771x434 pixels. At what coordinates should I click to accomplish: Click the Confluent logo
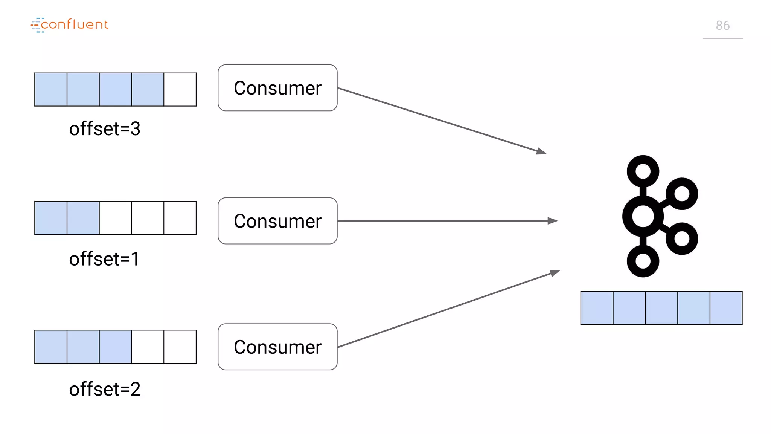(x=70, y=25)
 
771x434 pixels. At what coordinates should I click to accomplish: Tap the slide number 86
(x=722, y=26)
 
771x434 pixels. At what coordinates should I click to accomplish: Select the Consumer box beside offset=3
(x=277, y=88)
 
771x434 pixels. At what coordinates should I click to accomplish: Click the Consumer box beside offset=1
(x=277, y=221)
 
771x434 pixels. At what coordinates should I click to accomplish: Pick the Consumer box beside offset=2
(x=277, y=347)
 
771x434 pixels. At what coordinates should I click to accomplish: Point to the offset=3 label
(x=105, y=129)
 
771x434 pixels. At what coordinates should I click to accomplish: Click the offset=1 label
(x=104, y=259)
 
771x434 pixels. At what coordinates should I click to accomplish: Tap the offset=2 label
(x=105, y=389)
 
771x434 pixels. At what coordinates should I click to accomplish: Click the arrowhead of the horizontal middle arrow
(x=553, y=221)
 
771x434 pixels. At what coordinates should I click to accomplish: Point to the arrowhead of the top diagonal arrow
(x=542, y=151)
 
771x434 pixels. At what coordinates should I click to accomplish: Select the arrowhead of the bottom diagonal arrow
(x=555, y=272)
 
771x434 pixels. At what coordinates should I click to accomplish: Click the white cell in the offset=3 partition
(x=180, y=90)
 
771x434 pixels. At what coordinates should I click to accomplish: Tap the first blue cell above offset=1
(x=51, y=218)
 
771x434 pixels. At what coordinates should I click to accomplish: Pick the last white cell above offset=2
(x=180, y=347)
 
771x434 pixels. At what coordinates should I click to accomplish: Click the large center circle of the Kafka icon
(x=643, y=216)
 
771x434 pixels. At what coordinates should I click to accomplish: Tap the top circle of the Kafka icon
(x=643, y=171)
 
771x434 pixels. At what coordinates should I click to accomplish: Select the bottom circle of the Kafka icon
(x=643, y=261)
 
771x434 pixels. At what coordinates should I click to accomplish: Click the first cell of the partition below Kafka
(x=597, y=308)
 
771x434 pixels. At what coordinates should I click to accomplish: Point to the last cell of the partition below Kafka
(x=726, y=308)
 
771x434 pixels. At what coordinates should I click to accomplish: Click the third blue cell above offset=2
(x=116, y=347)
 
